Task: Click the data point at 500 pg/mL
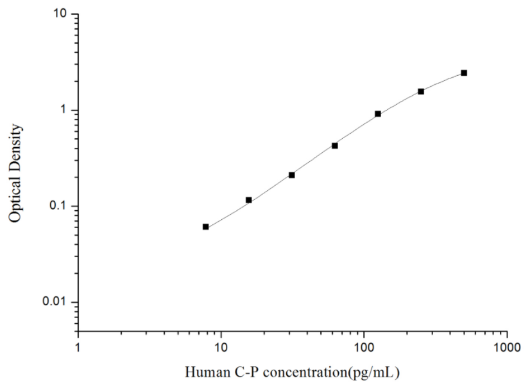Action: [x=464, y=73]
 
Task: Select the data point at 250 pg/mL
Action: [x=421, y=91]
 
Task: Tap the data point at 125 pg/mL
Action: [x=378, y=114]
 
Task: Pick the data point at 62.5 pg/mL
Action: [x=335, y=145]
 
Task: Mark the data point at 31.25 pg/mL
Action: [x=292, y=175]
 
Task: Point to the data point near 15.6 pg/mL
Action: [x=249, y=200]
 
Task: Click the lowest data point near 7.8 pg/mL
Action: [x=206, y=226]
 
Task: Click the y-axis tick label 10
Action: [x=62, y=14]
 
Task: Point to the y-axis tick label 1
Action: [x=65, y=111]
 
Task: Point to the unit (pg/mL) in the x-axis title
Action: [x=383, y=372]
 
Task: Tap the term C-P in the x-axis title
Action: [x=241, y=372]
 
